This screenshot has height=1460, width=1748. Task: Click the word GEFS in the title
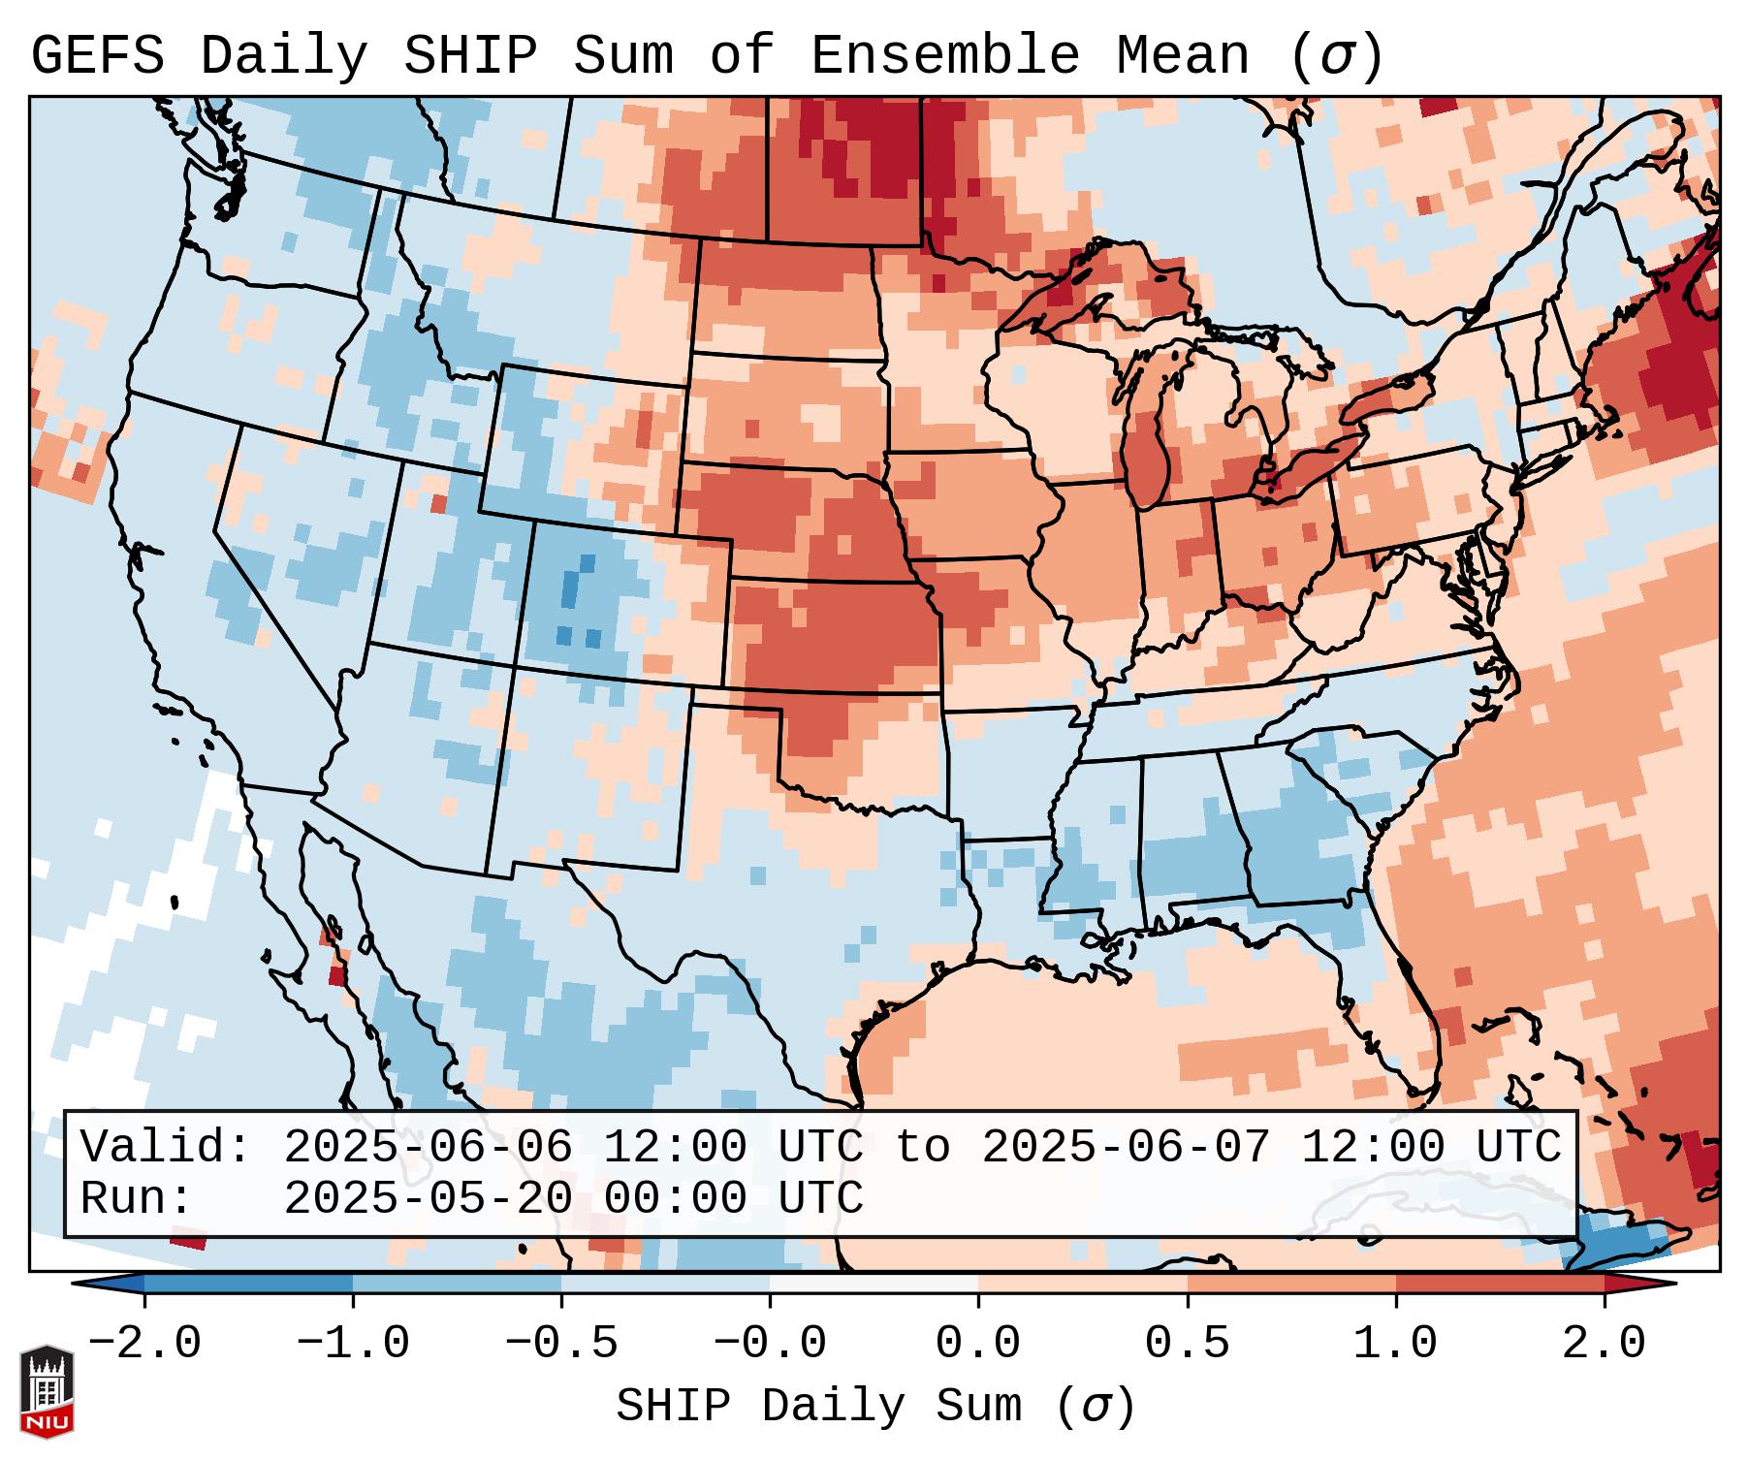(97, 56)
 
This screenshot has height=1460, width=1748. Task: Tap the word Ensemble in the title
(944, 56)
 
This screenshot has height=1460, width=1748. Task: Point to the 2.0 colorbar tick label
(1604, 1344)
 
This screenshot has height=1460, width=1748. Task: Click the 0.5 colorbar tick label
(1187, 1344)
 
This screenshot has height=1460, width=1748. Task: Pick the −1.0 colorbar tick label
(352, 1344)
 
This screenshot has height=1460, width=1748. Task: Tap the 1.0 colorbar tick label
(1395, 1344)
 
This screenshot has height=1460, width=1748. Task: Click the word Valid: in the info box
(166, 1147)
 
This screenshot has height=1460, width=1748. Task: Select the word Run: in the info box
(137, 1199)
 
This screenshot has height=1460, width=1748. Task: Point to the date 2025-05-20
(428, 1199)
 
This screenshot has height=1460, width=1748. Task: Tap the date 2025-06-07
(1126, 1147)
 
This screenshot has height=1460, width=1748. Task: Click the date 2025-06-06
(428, 1147)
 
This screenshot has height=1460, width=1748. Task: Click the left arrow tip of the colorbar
(77, 1283)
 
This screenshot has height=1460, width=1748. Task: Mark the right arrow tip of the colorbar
(1673, 1283)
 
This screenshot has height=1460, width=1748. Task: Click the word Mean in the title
(1182, 56)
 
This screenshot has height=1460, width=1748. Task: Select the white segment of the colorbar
(874, 1283)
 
